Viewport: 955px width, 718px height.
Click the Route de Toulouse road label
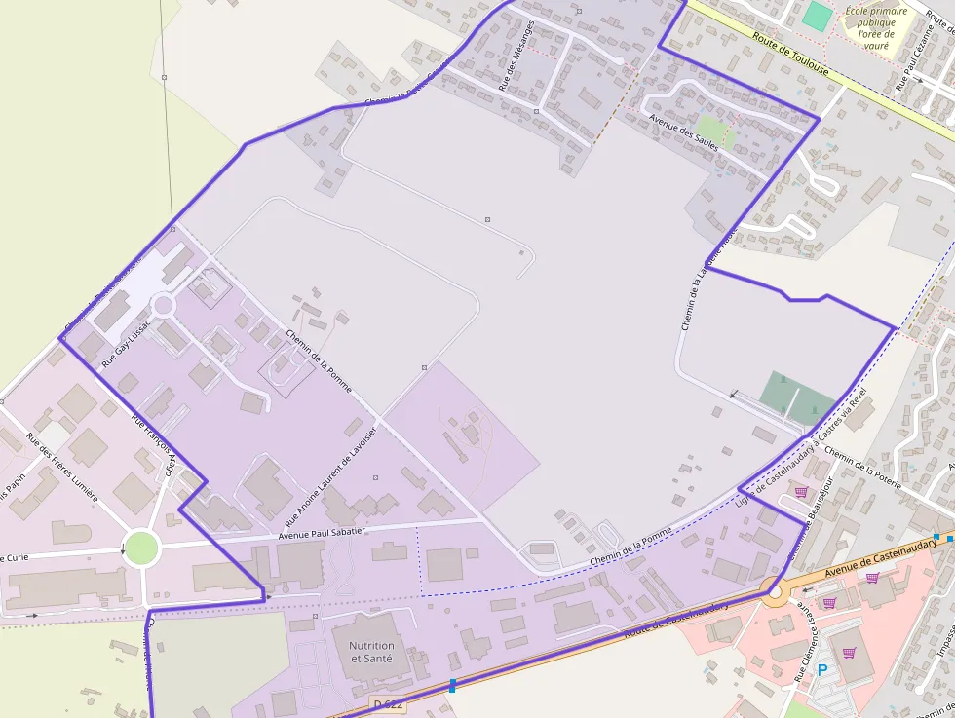[x=790, y=55]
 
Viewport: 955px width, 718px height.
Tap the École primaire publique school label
[x=875, y=28]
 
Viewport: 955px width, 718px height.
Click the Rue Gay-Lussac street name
[x=127, y=342]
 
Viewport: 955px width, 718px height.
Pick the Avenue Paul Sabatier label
[x=322, y=533]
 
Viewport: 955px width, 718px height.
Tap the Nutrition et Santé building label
[x=371, y=652]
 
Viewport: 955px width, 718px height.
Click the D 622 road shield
[x=387, y=703]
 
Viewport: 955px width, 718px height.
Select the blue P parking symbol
[x=822, y=670]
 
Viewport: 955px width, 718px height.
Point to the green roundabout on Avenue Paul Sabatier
[x=141, y=548]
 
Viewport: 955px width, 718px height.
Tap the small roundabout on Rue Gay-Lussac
[x=163, y=305]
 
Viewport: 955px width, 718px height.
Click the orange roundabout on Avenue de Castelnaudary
[x=776, y=590]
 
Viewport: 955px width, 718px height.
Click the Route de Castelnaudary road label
[x=676, y=621]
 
